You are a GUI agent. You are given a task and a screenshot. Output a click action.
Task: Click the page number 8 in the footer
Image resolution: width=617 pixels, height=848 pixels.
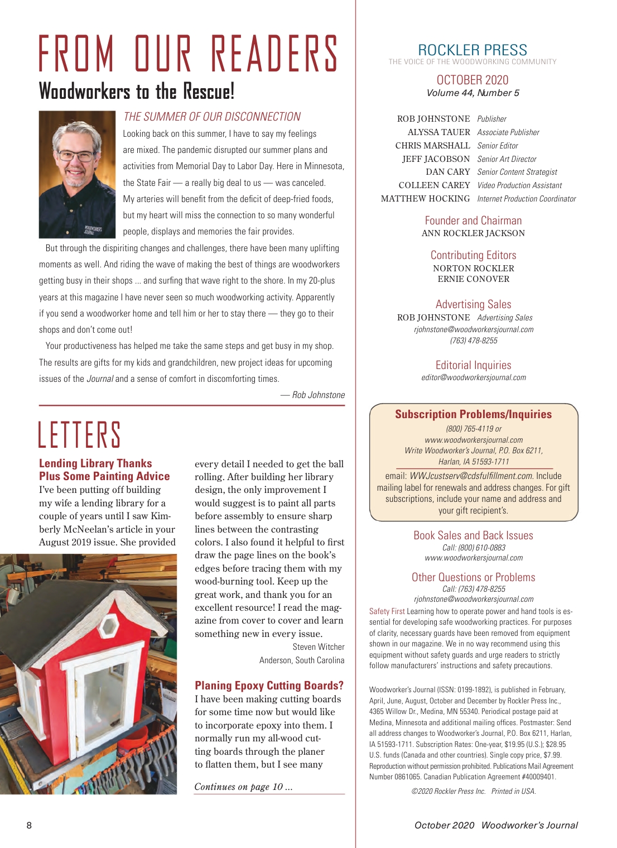click(29, 825)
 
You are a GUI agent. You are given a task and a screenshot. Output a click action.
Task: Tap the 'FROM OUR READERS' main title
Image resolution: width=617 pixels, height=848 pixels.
click(189, 54)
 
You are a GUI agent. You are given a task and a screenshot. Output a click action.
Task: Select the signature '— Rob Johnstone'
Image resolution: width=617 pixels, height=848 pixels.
click(312, 395)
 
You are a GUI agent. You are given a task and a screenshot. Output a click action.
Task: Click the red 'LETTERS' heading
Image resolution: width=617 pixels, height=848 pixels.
click(79, 435)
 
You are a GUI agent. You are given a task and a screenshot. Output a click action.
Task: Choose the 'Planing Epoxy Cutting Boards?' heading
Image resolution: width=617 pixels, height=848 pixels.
click(269, 686)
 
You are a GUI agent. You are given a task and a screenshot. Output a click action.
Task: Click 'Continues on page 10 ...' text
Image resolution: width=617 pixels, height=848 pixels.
click(243, 787)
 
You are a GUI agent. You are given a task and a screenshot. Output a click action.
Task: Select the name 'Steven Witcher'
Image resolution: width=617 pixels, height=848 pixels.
click(319, 646)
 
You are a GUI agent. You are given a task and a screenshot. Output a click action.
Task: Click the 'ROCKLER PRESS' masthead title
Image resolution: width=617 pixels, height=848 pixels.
click(473, 50)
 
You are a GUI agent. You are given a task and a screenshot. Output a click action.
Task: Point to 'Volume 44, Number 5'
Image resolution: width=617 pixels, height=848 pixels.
click(473, 93)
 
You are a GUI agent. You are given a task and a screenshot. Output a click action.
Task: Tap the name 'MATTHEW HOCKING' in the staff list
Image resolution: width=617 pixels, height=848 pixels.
click(425, 199)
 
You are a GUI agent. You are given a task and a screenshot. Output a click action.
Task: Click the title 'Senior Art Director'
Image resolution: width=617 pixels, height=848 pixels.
click(507, 159)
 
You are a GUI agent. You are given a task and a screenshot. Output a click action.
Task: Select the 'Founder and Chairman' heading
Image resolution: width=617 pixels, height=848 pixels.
click(473, 221)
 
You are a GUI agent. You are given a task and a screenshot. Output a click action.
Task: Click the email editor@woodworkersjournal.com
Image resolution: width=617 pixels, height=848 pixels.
click(473, 377)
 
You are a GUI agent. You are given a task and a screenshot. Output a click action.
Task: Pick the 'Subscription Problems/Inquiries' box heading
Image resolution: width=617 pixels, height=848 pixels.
click(473, 414)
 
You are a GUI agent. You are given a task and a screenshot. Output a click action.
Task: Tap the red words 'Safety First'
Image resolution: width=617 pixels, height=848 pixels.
click(387, 611)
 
